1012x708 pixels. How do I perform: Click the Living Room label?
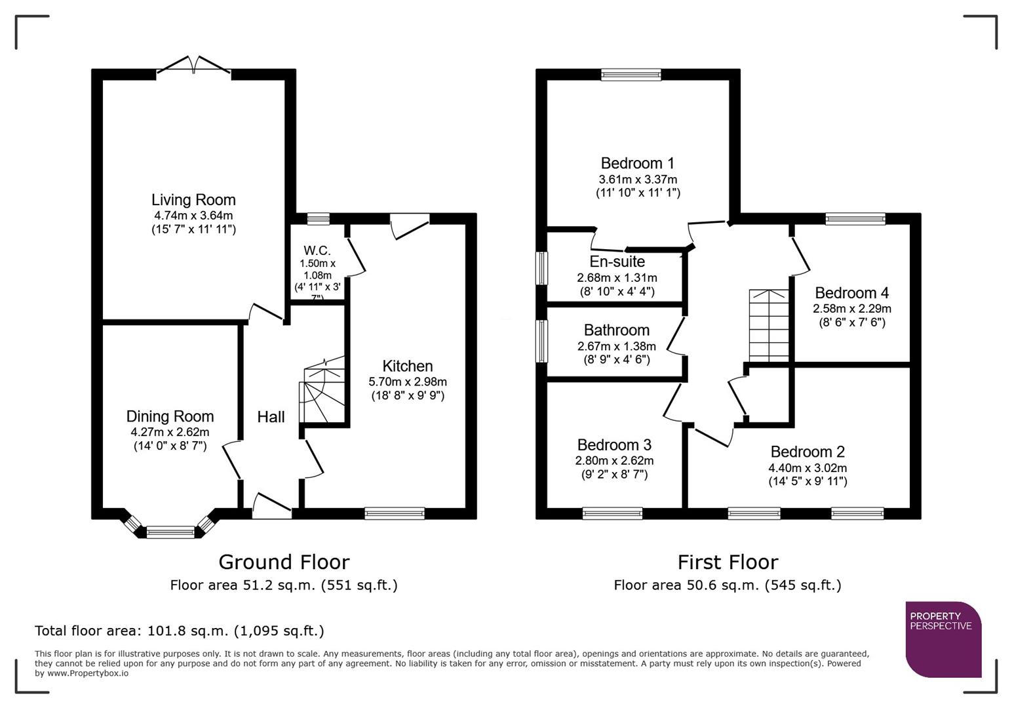point(193,200)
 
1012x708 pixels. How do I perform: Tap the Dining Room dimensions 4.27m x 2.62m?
point(170,432)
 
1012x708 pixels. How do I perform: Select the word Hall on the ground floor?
point(271,417)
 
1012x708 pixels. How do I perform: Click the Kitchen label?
point(408,366)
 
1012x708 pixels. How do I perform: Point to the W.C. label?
point(317,250)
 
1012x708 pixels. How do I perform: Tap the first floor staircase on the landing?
point(769,325)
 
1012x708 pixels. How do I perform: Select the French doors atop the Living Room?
point(193,66)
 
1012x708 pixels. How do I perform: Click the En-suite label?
point(617,262)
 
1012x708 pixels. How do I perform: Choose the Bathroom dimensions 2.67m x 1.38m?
point(616,346)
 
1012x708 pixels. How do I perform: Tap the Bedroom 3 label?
point(614,445)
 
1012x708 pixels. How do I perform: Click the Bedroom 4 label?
point(851,293)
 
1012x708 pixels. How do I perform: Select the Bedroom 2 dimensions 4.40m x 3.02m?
point(808,468)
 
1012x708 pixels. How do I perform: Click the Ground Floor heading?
point(284,562)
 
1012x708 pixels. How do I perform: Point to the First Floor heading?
point(728,562)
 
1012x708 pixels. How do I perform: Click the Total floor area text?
point(180,631)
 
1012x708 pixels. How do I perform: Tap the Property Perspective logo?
point(943,639)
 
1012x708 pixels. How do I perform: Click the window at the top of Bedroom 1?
point(631,75)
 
